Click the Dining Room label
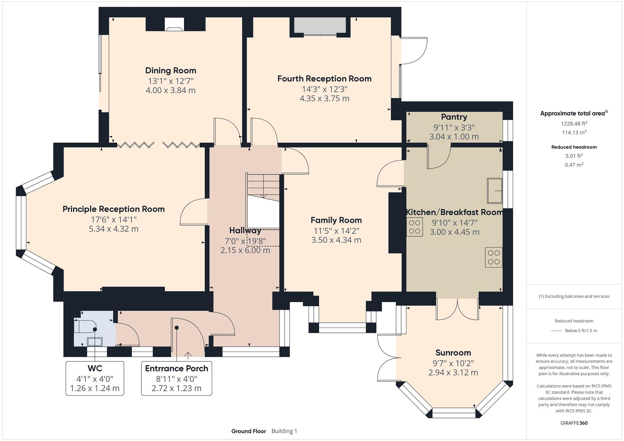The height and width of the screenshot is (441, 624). pos(170,71)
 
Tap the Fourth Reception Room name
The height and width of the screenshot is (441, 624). pos(324,79)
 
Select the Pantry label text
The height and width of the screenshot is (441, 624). pos(454,117)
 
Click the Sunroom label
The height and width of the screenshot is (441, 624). pos(453,353)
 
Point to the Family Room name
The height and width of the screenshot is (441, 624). pos(336,220)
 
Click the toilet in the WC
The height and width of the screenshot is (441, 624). pos(85,326)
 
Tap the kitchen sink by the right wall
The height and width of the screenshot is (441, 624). pos(495,191)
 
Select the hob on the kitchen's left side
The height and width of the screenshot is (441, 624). pos(414,227)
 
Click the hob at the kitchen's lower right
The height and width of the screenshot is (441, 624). pos(494,257)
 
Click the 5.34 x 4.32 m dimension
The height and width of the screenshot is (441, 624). pos(113,229)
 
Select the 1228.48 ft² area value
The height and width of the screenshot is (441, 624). pos(574,123)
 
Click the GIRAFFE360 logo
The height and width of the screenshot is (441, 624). pos(574,423)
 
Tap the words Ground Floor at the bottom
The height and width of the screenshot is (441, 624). pos(248,431)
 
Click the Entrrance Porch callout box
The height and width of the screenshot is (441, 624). pos(176,378)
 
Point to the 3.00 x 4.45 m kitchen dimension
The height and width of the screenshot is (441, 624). pos(454,232)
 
